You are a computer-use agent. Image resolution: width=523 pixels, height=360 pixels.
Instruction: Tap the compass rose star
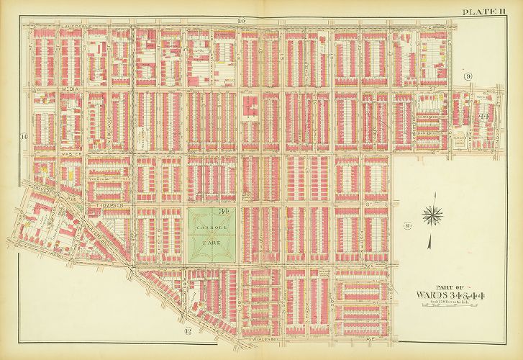pyautogui.click(x=432, y=215)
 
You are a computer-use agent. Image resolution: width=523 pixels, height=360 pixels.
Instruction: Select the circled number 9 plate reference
pyautogui.click(x=468, y=76)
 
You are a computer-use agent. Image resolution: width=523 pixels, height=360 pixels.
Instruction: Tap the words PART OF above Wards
pyautogui.click(x=440, y=284)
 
